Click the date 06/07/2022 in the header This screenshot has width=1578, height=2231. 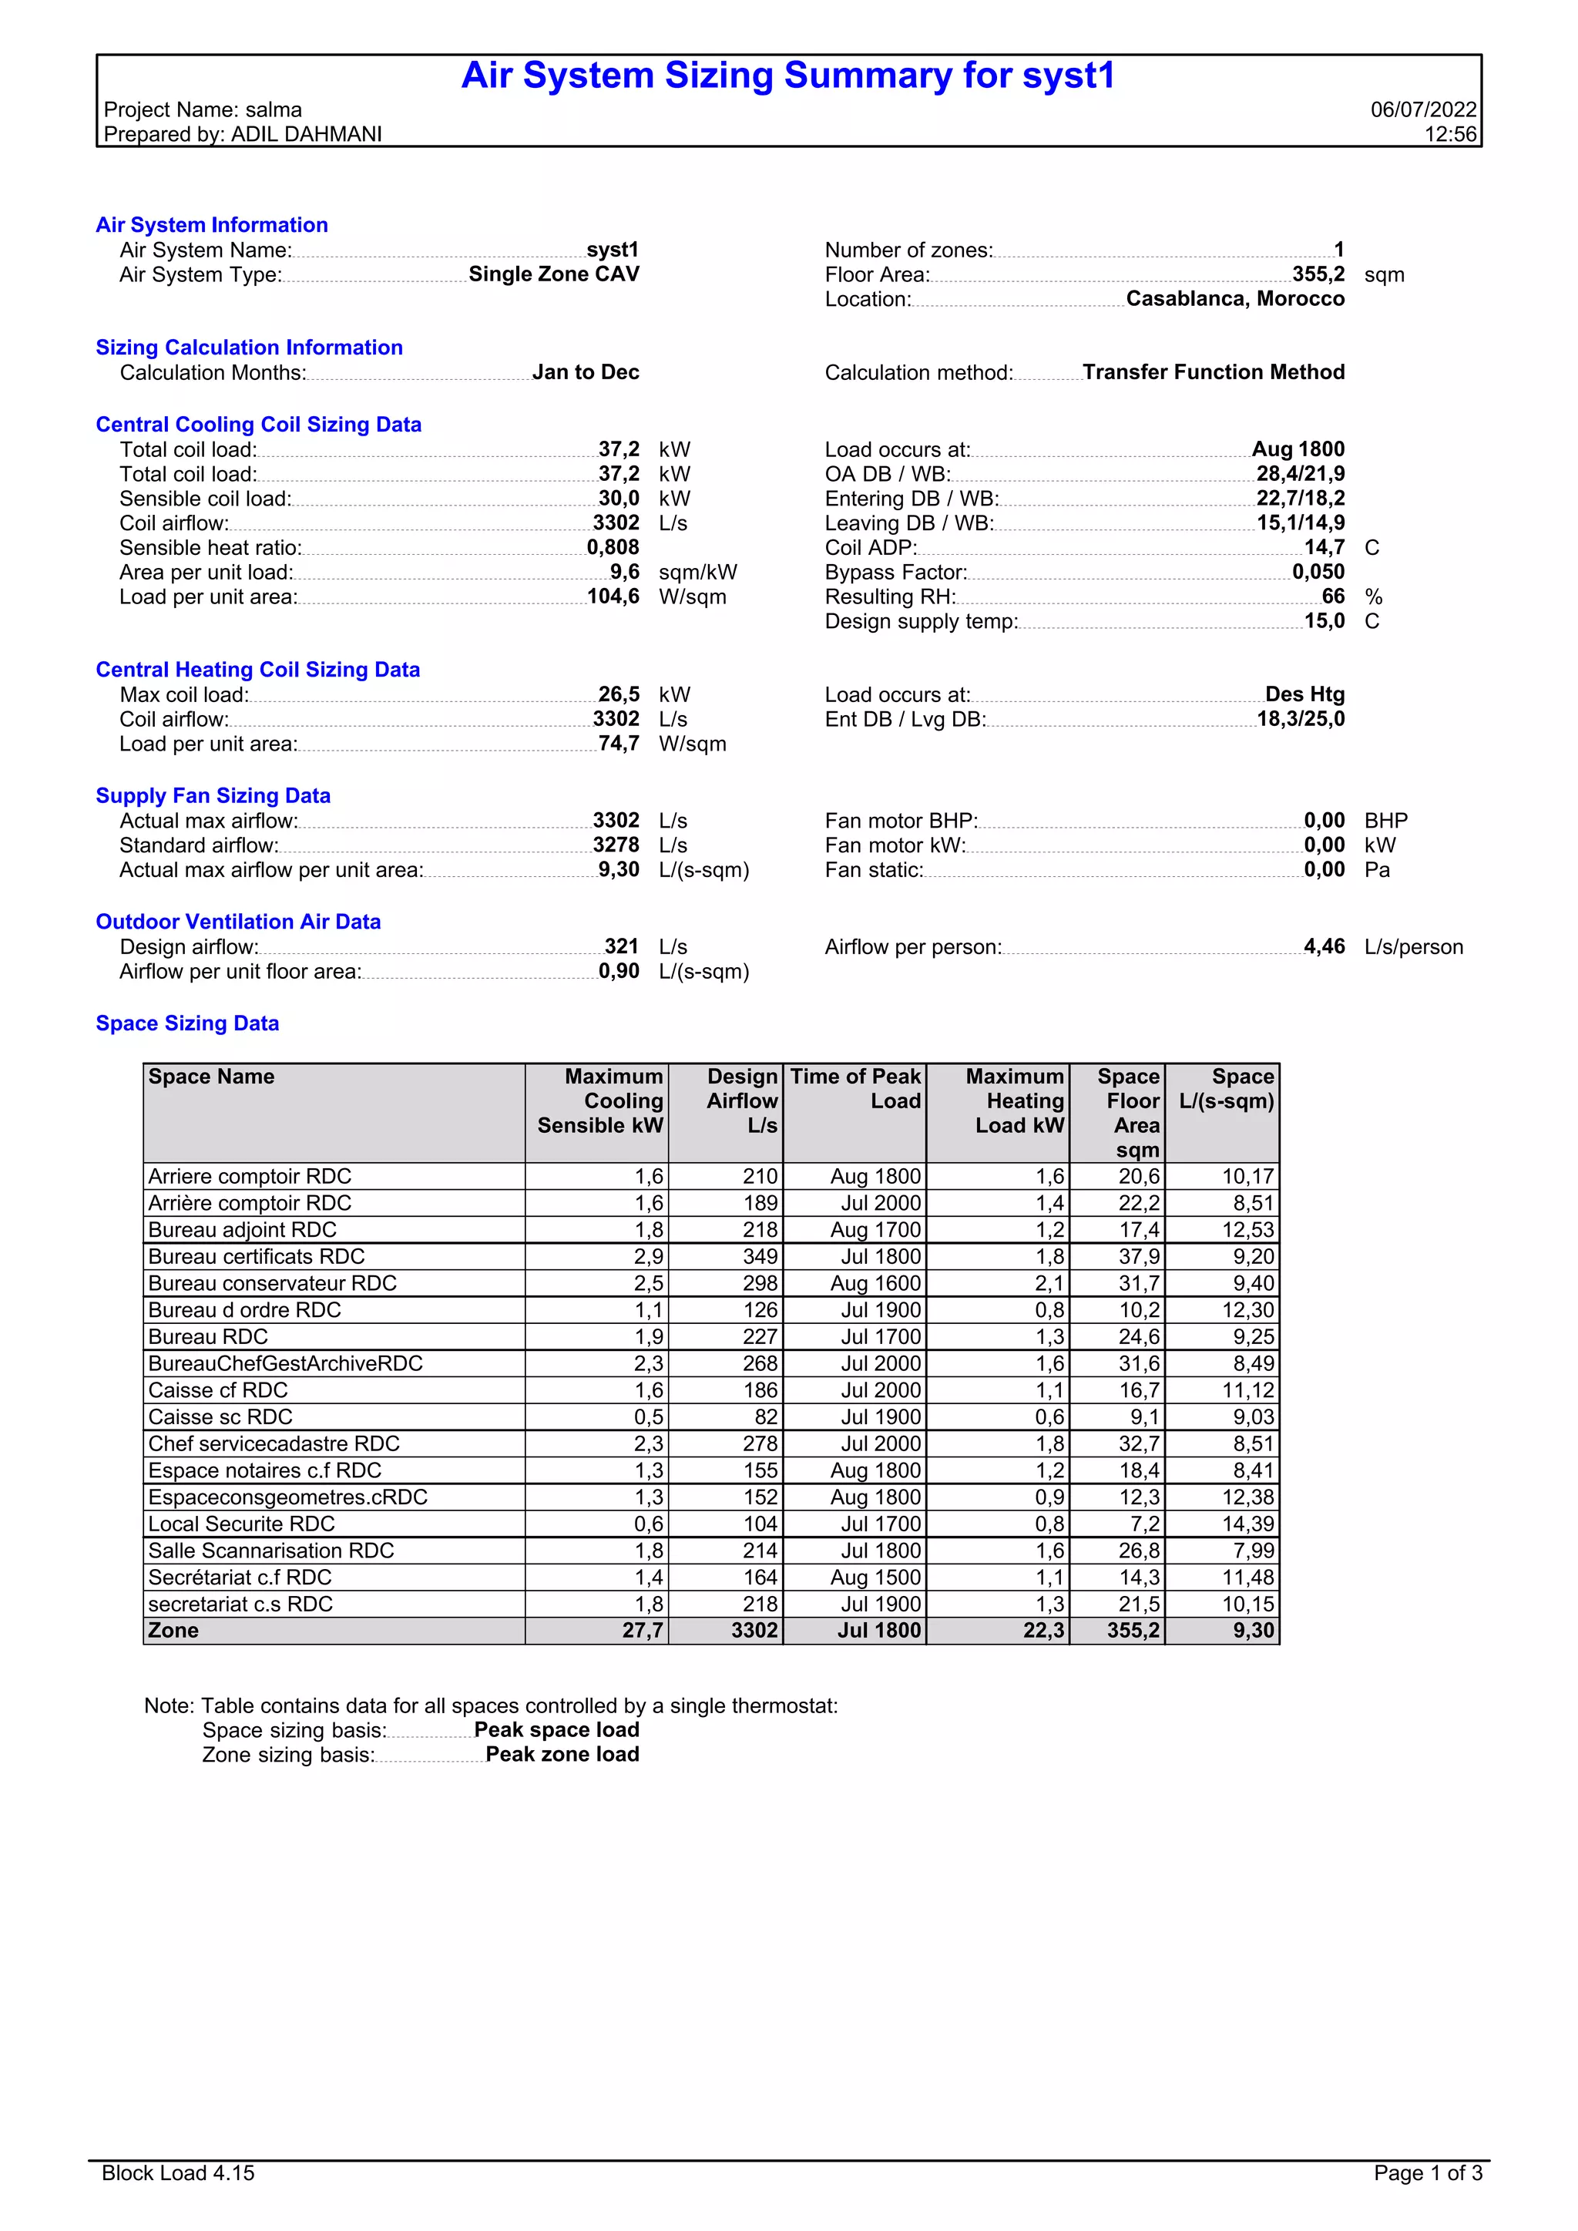(x=1422, y=109)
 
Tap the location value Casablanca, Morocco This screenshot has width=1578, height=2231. (x=1234, y=299)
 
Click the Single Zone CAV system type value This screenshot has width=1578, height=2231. (x=554, y=274)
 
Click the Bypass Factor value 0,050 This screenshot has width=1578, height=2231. (x=1318, y=573)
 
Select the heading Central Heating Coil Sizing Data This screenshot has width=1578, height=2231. (x=257, y=670)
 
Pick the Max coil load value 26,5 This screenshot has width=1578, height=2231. (x=618, y=695)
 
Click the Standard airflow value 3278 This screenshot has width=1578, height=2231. (x=616, y=845)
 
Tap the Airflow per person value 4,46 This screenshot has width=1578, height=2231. (x=1324, y=946)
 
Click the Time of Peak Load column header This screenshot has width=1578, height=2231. (x=855, y=1089)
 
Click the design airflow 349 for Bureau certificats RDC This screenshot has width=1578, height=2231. (x=760, y=1256)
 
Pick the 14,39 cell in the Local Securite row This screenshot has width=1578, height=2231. (x=1247, y=1524)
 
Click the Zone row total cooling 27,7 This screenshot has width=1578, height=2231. (x=643, y=1631)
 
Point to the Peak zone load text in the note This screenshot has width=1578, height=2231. (x=562, y=1754)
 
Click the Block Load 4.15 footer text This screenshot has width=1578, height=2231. (x=178, y=2172)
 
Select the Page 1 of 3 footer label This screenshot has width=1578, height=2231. (x=1428, y=2172)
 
